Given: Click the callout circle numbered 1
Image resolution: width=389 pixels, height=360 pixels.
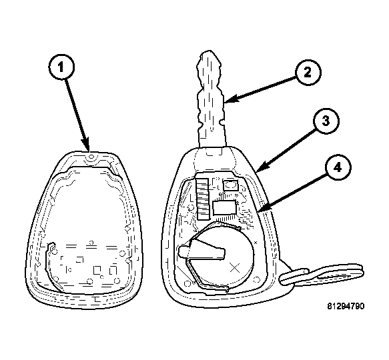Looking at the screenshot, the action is [61, 67].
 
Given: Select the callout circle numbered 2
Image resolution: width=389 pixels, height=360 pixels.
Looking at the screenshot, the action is [308, 73].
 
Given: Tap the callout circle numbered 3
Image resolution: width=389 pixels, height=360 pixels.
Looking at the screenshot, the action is [326, 121].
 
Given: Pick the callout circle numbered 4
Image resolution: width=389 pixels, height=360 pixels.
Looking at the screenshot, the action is [338, 168].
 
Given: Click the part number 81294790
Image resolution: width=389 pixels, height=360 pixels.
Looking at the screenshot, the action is [346, 306].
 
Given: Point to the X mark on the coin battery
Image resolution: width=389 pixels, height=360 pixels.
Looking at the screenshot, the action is [234, 268].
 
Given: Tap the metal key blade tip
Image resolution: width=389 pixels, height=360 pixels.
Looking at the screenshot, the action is [210, 53].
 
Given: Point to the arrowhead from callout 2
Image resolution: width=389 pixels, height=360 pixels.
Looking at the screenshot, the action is [230, 100].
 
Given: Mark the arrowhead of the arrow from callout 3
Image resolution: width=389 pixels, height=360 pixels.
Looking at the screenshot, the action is [260, 167].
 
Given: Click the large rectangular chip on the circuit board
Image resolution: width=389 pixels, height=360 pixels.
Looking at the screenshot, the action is [224, 207].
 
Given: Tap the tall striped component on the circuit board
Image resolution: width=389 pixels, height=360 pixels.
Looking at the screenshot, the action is [202, 199].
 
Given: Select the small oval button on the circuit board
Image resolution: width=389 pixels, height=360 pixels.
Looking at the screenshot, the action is [230, 185].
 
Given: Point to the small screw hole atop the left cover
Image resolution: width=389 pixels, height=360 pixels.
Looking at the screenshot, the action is [91, 157].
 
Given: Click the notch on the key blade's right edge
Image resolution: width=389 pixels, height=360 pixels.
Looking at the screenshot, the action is [222, 122].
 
